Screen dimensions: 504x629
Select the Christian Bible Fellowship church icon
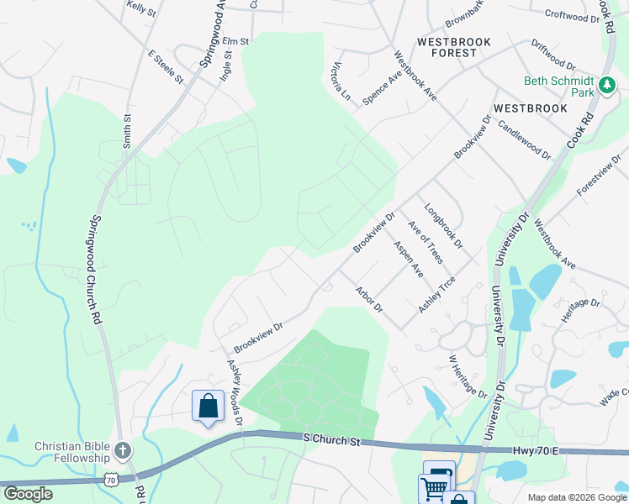click(x=124, y=451)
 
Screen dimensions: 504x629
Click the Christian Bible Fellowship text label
click(x=72, y=452)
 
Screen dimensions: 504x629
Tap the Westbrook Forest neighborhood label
click(x=447, y=46)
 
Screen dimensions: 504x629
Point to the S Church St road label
click(x=331, y=437)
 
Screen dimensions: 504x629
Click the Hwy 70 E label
click(x=540, y=451)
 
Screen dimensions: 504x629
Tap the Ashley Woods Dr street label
click(x=235, y=391)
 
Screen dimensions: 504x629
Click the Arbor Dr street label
click(x=369, y=299)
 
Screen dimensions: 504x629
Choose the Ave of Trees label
click(x=425, y=242)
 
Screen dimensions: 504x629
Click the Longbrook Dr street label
click(x=443, y=226)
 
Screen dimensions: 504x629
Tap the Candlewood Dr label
click(x=524, y=139)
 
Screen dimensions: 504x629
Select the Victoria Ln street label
click(x=341, y=80)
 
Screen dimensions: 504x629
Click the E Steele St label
click(x=166, y=67)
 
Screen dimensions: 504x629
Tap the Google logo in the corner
click(x=28, y=494)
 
